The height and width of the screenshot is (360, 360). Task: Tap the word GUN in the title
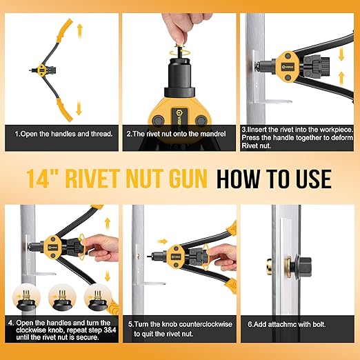click(x=182, y=179)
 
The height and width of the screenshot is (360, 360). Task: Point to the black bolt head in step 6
click(x=303, y=266)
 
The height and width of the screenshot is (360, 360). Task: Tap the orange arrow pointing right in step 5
click(x=161, y=241)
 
